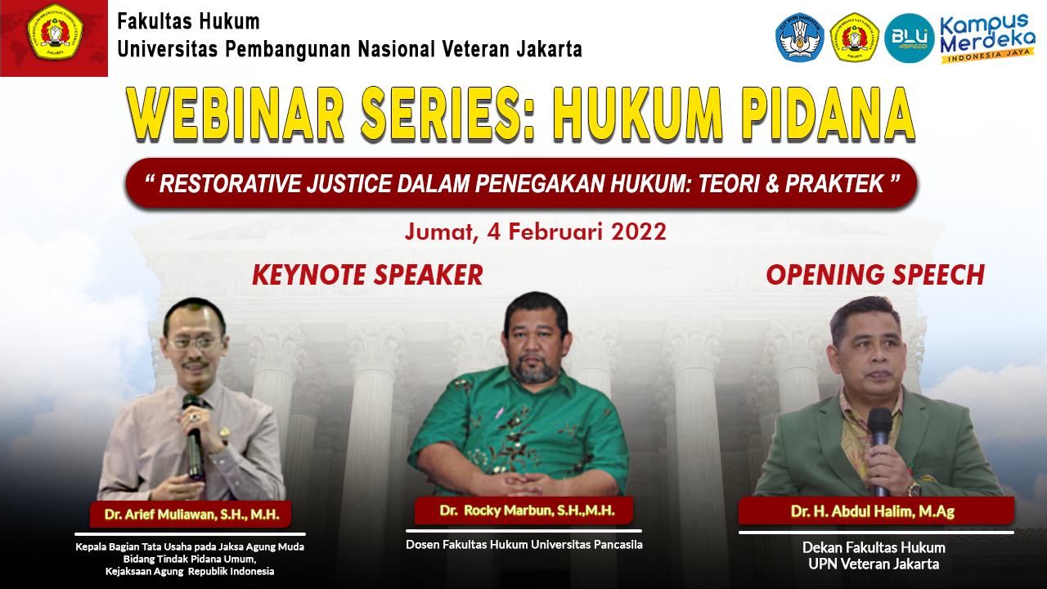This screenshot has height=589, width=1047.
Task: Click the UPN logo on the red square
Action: point(55,32)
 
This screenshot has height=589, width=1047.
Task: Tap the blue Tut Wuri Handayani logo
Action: point(800,38)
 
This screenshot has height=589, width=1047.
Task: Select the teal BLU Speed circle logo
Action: point(909,38)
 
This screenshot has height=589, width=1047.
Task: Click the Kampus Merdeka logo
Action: point(987,38)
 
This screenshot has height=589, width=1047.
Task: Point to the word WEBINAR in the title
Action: point(236,114)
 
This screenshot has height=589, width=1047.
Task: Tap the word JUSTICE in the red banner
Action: point(348,183)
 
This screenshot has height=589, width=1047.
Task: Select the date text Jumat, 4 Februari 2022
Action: point(536,232)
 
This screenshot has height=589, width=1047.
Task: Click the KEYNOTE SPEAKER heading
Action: point(367,274)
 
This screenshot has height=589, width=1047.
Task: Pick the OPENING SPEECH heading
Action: point(875,274)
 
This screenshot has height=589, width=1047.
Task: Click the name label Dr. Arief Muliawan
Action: point(191,515)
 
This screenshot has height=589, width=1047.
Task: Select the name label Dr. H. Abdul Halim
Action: point(873,511)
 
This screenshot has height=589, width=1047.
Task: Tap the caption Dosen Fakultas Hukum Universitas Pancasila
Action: point(524,545)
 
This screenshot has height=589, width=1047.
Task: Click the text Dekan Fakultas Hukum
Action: point(874,547)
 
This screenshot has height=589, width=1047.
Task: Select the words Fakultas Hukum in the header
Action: point(188,21)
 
